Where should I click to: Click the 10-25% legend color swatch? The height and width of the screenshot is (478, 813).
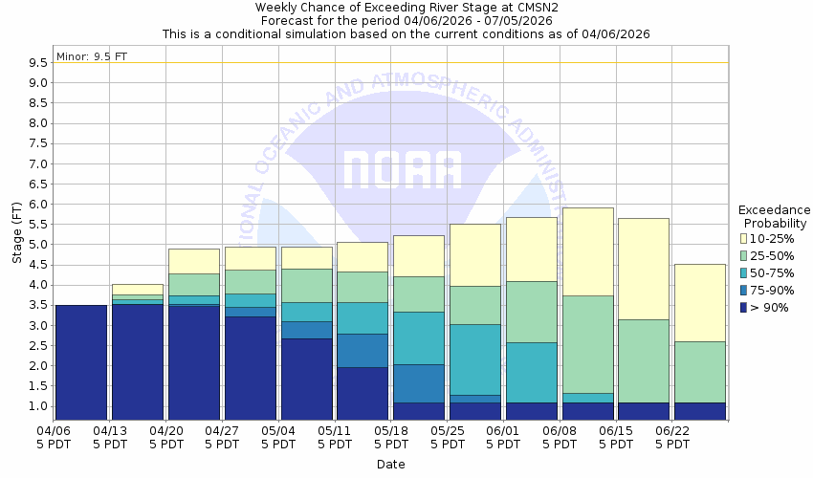744,238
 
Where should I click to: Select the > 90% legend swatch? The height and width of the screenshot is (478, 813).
744,307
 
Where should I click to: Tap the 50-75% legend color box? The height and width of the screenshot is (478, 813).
744,272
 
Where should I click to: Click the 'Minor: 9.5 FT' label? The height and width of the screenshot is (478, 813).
92,55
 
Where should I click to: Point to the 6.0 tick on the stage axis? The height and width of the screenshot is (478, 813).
38,205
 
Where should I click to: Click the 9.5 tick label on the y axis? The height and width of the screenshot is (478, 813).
38,63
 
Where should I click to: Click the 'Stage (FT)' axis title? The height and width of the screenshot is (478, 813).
16,233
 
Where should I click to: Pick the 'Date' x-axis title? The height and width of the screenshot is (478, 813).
390,465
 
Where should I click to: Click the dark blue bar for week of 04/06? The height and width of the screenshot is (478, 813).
81,362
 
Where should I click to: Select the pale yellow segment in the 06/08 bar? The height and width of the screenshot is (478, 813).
588,251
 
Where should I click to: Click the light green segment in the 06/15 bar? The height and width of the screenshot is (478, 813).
644,360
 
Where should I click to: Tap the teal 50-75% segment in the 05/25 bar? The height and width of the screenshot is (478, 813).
475,359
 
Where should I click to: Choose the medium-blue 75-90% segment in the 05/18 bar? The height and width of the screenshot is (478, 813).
419,383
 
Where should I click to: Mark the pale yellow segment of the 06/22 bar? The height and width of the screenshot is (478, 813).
700,302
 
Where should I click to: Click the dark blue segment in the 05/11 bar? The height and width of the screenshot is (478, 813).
363,394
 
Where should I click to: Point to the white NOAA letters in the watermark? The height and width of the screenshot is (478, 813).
402,170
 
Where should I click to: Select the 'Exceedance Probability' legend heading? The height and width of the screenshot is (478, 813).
774,216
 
